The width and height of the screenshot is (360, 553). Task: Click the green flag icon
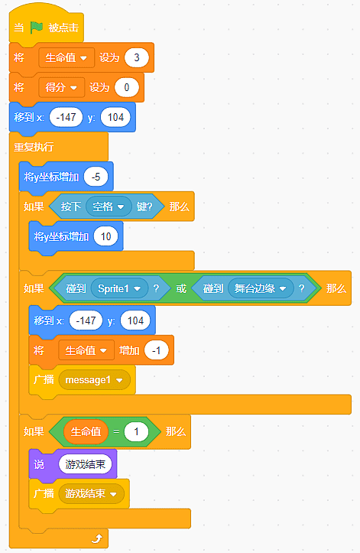(37, 28)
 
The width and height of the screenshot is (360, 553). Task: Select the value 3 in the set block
(137, 57)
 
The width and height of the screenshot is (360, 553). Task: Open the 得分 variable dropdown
(61, 87)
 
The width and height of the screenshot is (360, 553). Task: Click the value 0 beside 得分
(127, 87)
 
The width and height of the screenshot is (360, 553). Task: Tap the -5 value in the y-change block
(96, 177)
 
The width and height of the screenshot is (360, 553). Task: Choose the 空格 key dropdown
(109, 207)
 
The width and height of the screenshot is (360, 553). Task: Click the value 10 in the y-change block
(105, 236)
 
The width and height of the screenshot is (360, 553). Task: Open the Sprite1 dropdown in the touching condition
(119, 288)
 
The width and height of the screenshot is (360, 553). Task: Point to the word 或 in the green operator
(181, 288)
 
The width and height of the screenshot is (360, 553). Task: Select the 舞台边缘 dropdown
(261, 288)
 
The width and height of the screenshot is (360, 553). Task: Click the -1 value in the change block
(157, 350)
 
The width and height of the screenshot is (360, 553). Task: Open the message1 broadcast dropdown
(94, 380)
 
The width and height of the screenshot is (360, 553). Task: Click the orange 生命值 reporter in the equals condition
(86, 431)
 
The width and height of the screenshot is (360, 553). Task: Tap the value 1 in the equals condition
(136, 431)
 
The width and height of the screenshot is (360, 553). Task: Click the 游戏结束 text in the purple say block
(86, 464)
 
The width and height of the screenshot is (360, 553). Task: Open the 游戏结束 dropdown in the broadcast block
(91, 494)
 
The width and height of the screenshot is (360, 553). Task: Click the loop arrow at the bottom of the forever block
(96, 538)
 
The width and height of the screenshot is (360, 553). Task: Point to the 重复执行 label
(34, 147)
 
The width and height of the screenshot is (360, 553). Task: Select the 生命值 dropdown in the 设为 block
(66, 57)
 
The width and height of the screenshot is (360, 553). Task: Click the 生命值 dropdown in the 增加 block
(86, 350)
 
